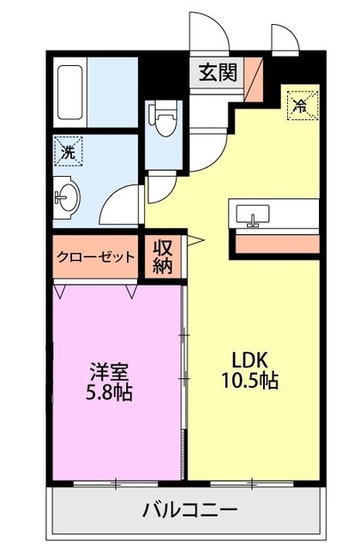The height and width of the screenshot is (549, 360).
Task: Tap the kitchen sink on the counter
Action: (x=253, y=214)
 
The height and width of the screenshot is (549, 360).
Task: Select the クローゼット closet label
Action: (x=96, y=256)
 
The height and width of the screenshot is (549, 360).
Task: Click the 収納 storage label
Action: (x=164, y=256)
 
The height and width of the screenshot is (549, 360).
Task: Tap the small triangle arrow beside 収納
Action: (x=193, y=242)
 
